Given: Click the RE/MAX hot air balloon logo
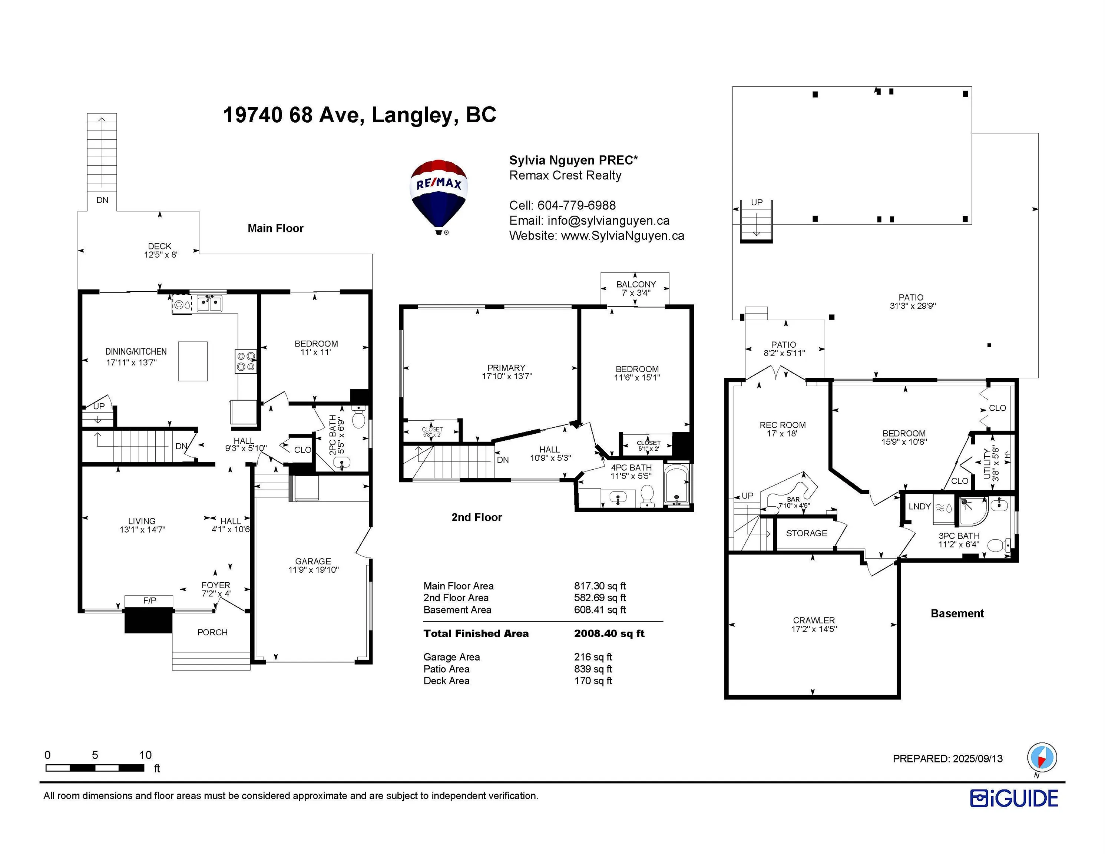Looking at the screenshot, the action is coord(438,197).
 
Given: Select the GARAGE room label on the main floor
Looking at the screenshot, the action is coord(313,561).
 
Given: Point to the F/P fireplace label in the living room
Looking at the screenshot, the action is coord(149,600).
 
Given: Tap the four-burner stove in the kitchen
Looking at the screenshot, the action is coord(246,361).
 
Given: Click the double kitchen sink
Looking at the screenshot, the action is coord(209,304).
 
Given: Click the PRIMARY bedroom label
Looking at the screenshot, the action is coord(506,368).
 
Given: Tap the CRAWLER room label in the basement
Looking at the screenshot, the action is coord(814,620).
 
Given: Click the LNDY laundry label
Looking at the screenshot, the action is coord(919,506).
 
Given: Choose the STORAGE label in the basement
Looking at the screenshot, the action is coord(807,533).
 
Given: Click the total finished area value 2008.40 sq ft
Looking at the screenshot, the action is coord(609,633).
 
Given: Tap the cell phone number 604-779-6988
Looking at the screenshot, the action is coord(576,205).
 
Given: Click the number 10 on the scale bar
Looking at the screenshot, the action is coord(145,755).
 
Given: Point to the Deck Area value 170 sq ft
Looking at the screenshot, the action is coord(593,681).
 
